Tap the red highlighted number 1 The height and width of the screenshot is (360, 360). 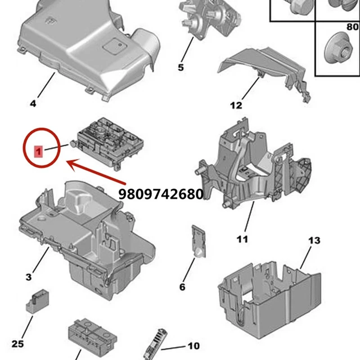(40, 152)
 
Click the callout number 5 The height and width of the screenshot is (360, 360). (180, 67)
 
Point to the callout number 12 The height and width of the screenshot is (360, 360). (236, 106)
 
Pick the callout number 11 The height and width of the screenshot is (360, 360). (242, 239)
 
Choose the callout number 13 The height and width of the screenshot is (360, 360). (314, 240)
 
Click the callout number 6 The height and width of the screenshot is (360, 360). (182, 287)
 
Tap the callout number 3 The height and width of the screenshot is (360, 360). (28, 277)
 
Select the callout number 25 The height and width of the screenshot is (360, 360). (17, 344)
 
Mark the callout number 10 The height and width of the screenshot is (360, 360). (193, 346)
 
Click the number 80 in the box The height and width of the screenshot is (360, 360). (352, 27)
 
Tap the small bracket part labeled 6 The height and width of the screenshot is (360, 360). (198, 241)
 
